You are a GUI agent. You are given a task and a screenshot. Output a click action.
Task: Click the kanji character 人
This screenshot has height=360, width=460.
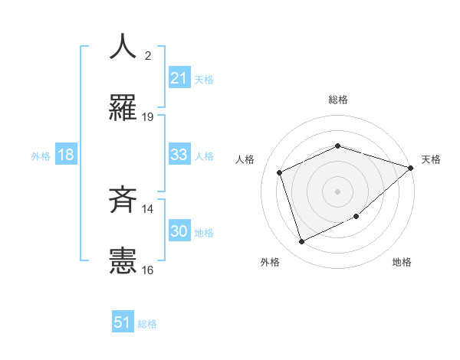(123, 47)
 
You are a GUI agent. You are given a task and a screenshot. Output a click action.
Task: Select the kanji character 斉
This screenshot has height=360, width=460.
(123, 201)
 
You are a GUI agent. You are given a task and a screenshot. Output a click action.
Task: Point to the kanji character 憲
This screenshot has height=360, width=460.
(123, 262)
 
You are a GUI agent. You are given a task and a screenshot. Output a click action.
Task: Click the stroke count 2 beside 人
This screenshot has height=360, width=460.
(148, 56)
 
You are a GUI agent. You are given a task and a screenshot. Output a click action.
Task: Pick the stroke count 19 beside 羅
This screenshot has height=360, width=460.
(148, 116)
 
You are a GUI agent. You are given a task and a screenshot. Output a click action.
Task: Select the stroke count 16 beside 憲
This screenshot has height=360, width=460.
(148, 270)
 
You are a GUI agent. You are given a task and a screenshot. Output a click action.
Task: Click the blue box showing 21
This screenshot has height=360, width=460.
(179, 78)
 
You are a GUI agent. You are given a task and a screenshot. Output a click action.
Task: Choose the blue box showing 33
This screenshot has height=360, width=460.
(179, 155)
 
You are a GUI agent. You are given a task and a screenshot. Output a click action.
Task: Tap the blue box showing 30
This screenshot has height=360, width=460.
(179, 231)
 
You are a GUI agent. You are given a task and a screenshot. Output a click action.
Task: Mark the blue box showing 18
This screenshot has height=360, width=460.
(66, 155)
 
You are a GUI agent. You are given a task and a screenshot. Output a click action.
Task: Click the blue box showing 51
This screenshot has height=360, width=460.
(123, 322)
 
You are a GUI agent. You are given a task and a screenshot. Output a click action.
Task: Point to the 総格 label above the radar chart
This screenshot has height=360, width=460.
(337, 100)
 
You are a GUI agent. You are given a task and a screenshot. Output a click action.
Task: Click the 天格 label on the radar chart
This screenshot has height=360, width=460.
(431, 159)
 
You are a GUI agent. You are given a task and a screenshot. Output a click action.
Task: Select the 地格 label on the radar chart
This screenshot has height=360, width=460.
(402, 262)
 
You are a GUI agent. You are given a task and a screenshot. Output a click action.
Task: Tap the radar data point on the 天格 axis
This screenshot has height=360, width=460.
(412, 167)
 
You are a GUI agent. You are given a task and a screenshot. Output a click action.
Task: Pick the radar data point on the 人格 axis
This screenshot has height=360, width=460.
(280, 172)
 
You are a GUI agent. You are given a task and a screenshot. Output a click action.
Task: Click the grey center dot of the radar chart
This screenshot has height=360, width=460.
(337, 191)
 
